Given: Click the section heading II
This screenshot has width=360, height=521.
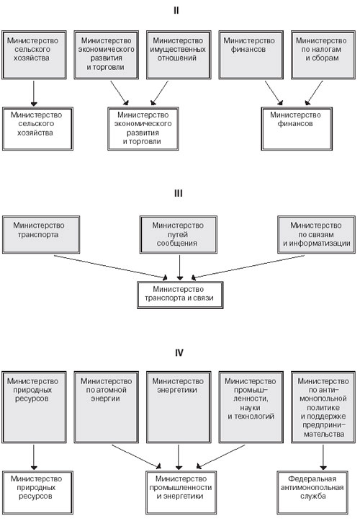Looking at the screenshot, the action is point(176,11).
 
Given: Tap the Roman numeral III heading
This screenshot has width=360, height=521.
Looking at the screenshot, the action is point(179,193).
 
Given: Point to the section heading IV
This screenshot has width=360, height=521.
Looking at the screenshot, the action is point(179,352).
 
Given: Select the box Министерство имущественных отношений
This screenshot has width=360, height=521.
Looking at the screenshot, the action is point(179,55).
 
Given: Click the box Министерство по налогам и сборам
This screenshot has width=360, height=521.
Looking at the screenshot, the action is point(323,55).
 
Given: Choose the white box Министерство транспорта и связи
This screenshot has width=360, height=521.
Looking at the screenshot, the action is point(180,295).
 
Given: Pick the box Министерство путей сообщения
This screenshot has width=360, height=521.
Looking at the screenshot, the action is point(179,235).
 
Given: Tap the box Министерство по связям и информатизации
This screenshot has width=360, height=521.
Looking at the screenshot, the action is point(317,235).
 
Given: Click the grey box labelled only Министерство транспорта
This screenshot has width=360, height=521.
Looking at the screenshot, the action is point(41,235).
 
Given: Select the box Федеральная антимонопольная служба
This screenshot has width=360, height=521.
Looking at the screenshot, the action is point(312,492).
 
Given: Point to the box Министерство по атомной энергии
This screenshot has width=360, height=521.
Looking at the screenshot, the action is point(107,407).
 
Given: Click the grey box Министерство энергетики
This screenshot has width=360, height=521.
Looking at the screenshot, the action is point(179,407).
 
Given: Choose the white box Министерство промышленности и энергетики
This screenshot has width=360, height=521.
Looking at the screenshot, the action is point(181,492).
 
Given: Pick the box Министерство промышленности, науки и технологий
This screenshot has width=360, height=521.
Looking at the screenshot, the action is point(251,407).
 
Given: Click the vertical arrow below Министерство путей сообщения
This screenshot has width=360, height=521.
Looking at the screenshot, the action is point(180,268).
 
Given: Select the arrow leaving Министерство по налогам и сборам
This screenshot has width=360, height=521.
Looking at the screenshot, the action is point(314,93).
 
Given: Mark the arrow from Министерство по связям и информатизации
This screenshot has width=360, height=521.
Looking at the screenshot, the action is point(248,267).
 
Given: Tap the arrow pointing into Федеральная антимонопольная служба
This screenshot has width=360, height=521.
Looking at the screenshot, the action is point(323,458).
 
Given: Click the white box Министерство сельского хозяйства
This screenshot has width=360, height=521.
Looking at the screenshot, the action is point(37,128).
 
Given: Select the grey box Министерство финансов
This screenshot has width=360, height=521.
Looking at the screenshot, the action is point(251,55).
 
